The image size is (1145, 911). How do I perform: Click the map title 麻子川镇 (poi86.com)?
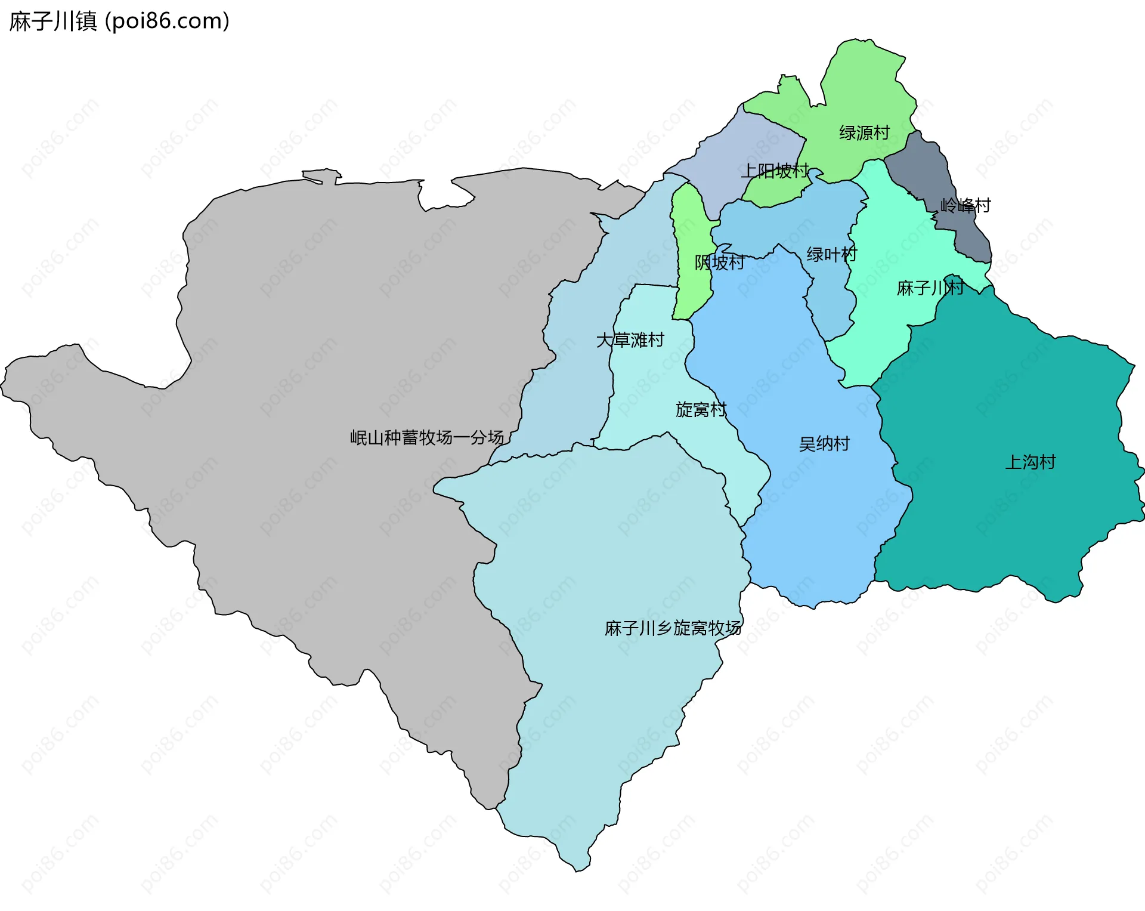(119, 21)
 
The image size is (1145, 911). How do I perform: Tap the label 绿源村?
(864, 132)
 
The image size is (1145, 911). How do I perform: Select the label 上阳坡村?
(775, 171)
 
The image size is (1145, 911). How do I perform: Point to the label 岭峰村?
(965, 206)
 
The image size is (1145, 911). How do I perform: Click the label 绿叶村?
(831, 255)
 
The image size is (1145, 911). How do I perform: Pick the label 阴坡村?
(719, 263)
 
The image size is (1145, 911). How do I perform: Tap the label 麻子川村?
(930, 288)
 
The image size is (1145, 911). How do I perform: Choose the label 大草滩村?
(630, 340)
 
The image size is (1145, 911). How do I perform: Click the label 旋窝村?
(701, 409)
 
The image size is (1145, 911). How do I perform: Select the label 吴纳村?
(824, 444)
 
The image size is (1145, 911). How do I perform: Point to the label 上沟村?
(1030, 462)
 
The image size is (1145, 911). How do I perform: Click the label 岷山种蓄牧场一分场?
(426, 437)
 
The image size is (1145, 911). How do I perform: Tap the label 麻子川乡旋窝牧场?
(673, 628)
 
